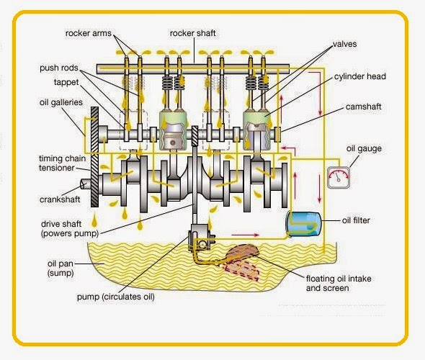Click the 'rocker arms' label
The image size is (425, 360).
point(89,33)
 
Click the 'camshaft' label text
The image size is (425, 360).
point(363,106)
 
